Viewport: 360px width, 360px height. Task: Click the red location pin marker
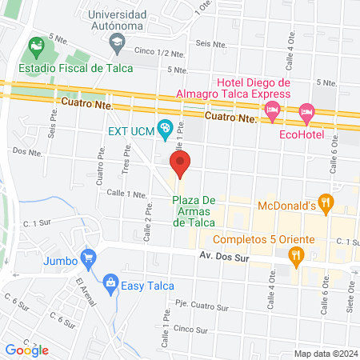click(x=181, y=163)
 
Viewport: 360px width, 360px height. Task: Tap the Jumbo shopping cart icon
click(x=89, y=258)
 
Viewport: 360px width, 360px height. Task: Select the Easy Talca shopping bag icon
click(x=110, y=281)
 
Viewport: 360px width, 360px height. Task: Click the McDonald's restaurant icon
click(x=325, y=204)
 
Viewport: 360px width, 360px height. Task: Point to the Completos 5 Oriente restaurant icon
click(x=296, y=255)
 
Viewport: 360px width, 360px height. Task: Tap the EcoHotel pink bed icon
click(x=306, y=114)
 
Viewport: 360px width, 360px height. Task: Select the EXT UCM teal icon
click(x=166, y=128)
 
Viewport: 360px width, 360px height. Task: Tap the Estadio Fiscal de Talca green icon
click(x=36, y=46)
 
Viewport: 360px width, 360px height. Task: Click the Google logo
click(x=26, y=350)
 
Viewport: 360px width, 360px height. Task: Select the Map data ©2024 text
click(x=324, y=353)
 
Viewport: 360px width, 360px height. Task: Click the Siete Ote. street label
click(x=350, y=304)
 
